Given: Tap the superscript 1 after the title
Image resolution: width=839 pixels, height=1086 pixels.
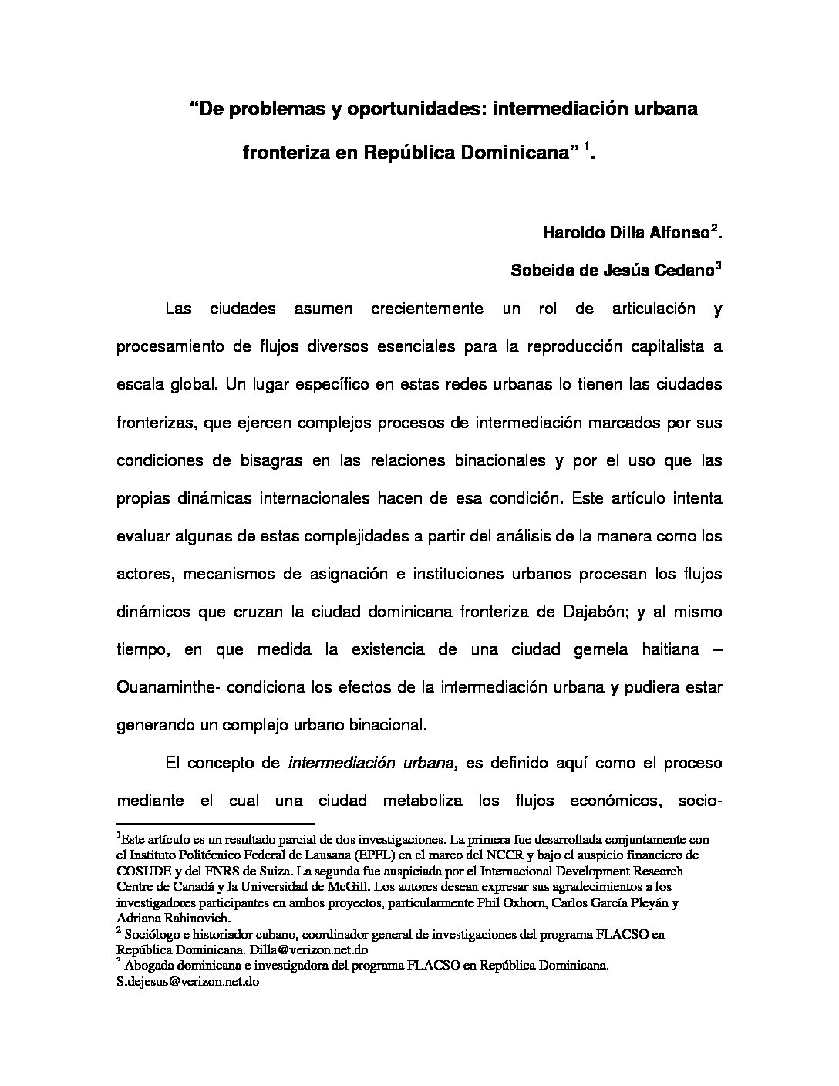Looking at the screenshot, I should [x=586, y=146].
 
